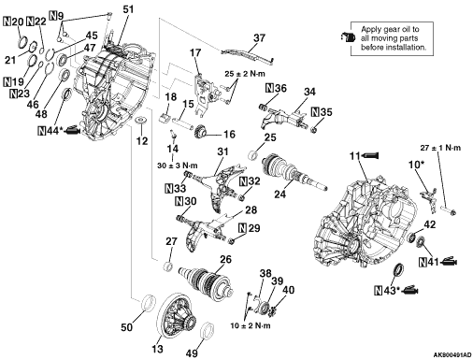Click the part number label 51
tap(128, 9)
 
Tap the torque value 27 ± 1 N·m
tap(440, 148)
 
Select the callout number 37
tap(259, 38)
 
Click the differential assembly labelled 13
tap(178, 316)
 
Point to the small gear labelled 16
tap(199, 132)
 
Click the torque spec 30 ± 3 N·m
tap(178, 166)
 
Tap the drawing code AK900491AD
tap(452, 355)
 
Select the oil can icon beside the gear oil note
tap(348, 37)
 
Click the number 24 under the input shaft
tap(279, 194)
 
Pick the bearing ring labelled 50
tap(149, 302)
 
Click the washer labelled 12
tap(142, 120)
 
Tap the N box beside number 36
tap(269, 89)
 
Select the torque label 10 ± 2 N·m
tap(251, 326)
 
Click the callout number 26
tap(226, 259)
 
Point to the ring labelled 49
tap(208, 331)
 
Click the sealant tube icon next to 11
tap(370, 155)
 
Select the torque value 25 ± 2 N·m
tap(245, 74)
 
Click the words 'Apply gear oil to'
tap(390, 30)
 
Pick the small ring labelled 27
tap(168, 267)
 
